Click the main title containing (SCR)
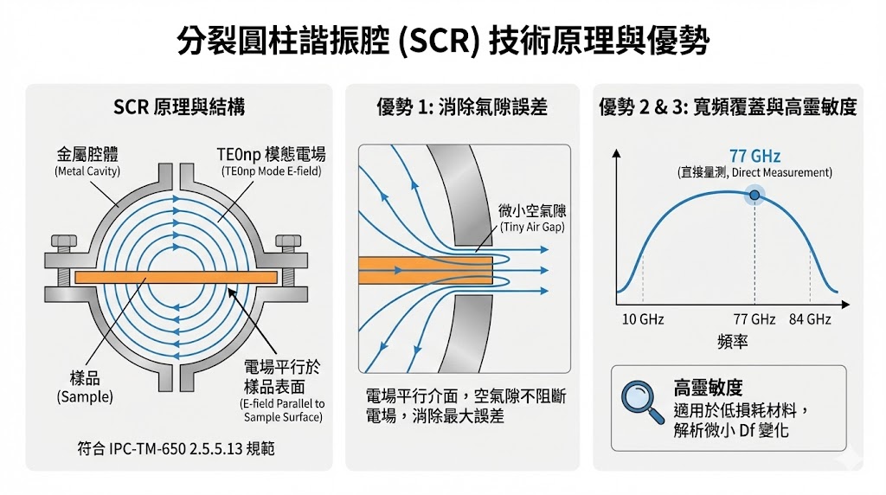click(x=442, y=40)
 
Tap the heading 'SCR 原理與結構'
click(x=179, y=107)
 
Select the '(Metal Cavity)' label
click(x=87, y=170)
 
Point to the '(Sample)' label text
click(x=85, y=397)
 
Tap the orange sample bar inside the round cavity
click(x=177, y=277)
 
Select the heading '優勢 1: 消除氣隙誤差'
click(x=462, y=107)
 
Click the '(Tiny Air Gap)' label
click(x=533, y=227)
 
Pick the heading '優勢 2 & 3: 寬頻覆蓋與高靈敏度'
click(x=728, y=107)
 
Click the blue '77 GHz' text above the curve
click(x=754, y=157)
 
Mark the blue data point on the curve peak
click(x=754, y=196)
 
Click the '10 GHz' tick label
click(x=643, y=319)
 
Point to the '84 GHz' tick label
click(x=810, y=319)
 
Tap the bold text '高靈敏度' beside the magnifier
click(x=708, y=389)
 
